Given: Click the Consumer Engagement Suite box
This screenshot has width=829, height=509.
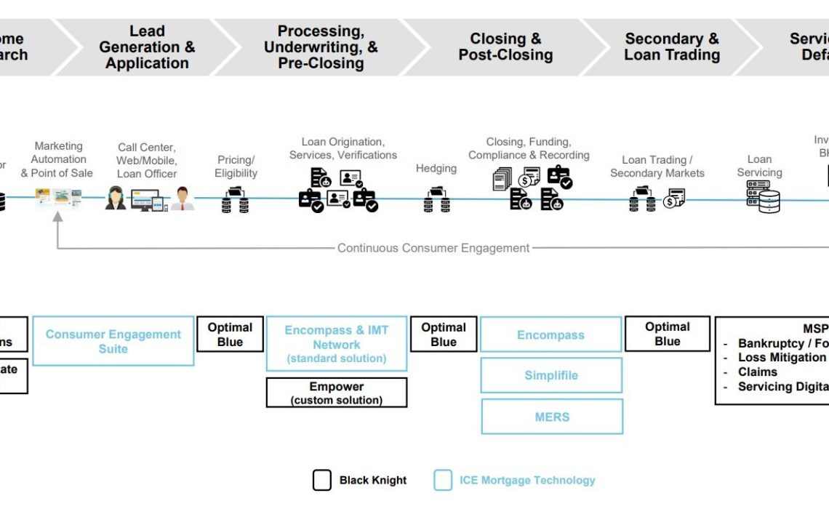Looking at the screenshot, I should tap(113, 341).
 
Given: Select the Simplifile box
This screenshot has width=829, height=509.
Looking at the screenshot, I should tap(551, 375).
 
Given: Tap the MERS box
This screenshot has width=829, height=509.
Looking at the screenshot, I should tap(552, 417).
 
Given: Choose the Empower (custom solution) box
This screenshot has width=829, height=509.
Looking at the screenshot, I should tap(336, 393).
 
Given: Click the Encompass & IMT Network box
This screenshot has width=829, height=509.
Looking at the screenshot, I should tap(336, 344).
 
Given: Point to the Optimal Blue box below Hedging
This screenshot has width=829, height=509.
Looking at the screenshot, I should tap(444, 334).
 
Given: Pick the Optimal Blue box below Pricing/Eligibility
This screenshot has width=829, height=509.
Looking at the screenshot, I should tap(230, 334).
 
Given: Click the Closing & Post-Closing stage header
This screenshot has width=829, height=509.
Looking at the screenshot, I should tap(505, 47).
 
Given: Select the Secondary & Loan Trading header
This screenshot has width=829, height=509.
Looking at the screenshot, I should tap(671, 47).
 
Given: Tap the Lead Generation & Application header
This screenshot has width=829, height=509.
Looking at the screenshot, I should tap(147, 47).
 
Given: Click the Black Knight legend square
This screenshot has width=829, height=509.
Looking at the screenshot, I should tap(322, 480).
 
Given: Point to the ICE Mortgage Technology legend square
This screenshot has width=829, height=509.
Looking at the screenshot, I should tap(443, 480).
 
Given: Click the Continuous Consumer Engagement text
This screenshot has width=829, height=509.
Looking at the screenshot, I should tap(433, 248).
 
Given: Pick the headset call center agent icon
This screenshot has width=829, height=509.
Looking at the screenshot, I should tap(115, 198).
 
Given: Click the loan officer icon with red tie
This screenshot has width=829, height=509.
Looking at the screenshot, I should tap(183, 198).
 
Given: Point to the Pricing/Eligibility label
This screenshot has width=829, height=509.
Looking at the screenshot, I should tap(236, 167).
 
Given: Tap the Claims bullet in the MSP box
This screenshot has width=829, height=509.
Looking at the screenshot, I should tap(757, 372).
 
